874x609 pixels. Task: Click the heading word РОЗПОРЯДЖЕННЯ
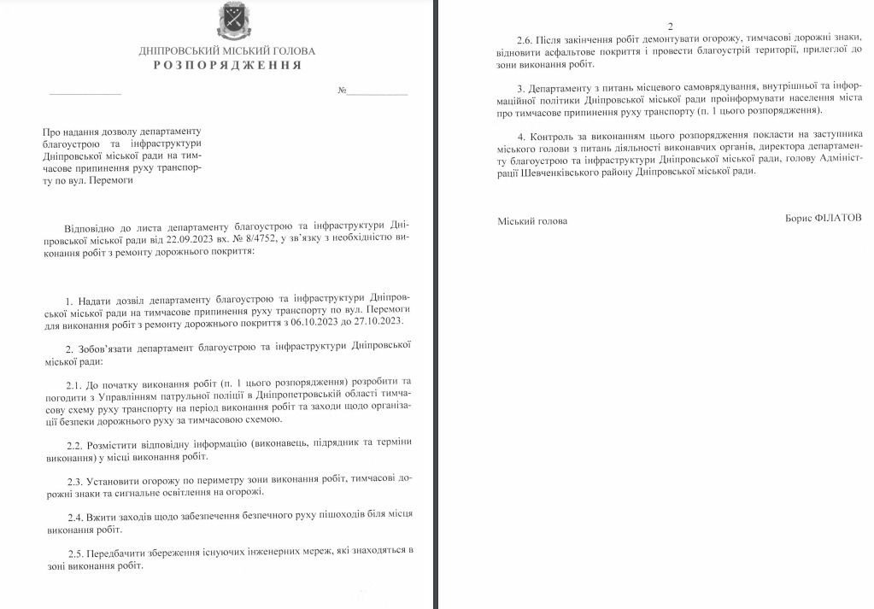(x=227, y=65)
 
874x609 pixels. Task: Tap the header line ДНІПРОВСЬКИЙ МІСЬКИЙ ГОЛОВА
(x=227, y=50)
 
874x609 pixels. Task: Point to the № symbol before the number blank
(x=343, y=90)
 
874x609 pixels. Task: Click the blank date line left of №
(x=85, y=91)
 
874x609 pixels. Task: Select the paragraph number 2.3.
(x=76, y=478)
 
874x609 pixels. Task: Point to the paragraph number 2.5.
(x=76, y=551)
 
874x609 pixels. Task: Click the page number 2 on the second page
(x=670, y=26)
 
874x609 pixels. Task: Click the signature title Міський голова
(x=532, y=221)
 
